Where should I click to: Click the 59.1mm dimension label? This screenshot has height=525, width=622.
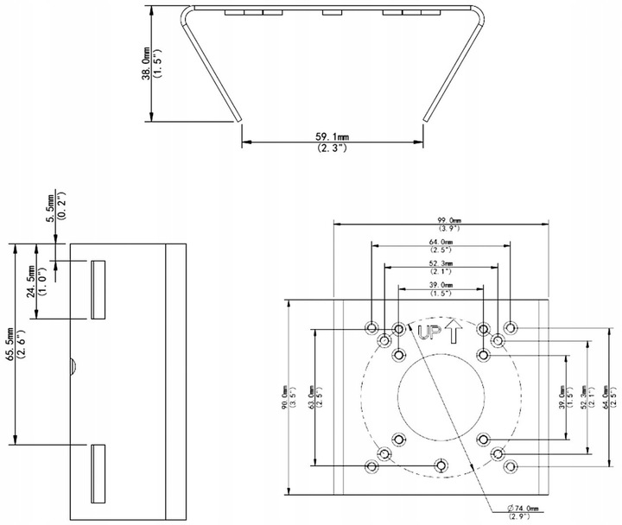tap(332, 136)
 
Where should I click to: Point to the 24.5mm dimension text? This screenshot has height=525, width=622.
tap(32, 281)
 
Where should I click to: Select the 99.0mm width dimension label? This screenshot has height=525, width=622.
tap(441, 220)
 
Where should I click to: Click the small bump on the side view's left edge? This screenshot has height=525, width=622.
tap(73, 366)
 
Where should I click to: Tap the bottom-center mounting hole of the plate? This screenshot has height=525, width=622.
tap(441, 466)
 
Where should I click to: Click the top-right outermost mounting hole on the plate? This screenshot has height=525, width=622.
tap(511, 328)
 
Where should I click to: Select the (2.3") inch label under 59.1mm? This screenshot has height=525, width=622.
tap(332, 149)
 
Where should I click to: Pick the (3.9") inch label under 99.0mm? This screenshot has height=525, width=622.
tap(441, 229)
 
